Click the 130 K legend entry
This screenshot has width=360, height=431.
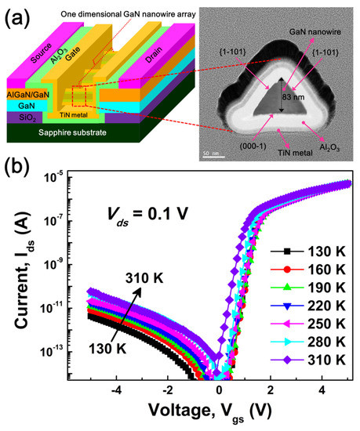tap(307, 252)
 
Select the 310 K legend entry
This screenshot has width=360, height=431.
tap(307, 360)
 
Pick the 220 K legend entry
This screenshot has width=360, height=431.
tap(307, 306)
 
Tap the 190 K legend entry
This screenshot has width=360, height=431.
tap(307, 288)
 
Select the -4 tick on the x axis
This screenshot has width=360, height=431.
tap(116, 390)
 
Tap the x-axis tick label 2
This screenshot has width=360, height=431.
tap(271, 390)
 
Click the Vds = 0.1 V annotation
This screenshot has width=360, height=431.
tap(147, 214)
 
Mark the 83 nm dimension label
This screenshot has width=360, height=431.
tap(293, 97)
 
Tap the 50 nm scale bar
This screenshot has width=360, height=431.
tap(214, 157)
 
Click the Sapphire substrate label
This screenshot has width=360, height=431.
tap(72, 132)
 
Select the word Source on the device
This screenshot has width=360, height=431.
tap(41, 53)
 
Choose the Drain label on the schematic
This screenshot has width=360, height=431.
tap(154, 55)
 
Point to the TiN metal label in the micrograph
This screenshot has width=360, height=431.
tap(295, 153)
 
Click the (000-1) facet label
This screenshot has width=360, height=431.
tap(253, 147)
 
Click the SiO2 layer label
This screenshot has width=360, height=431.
tap(27, 118)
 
